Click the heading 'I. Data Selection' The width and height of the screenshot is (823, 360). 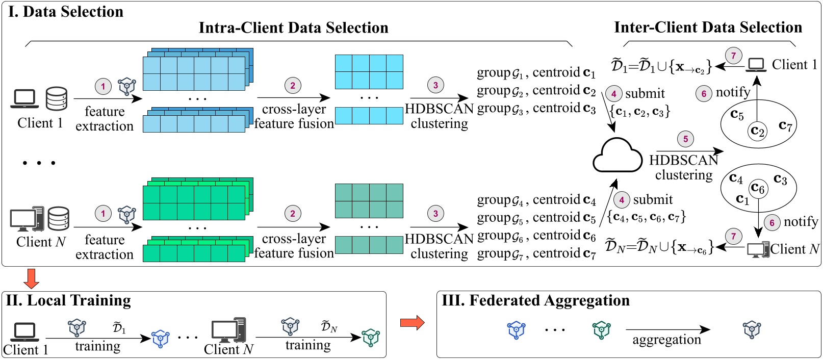tap(66, 12)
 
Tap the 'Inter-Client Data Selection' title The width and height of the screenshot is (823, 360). tap(708, 28)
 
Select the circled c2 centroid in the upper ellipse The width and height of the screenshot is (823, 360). tap(758, 132)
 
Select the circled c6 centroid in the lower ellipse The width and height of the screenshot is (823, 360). tap(758, 188)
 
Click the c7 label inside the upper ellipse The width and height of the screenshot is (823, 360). tap(785, 125)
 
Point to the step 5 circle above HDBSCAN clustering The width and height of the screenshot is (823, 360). tap(685, 139)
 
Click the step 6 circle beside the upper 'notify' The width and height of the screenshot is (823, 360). tap(704, 93)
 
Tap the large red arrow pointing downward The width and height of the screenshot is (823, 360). tap(32, 278)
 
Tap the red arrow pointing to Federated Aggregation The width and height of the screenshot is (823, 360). tap(412, 323)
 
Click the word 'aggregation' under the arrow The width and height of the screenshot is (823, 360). tap(666, 340)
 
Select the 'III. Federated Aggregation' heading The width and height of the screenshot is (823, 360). tap(535, 301)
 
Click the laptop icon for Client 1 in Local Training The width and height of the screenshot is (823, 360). tap(24, 332)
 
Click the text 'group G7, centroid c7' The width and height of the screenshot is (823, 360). tap(536, 253)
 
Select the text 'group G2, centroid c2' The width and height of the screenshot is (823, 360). tap(536, 91)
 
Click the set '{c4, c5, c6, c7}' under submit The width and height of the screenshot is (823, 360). tap(646, 217)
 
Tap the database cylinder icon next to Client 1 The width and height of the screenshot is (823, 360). tap(57, 99)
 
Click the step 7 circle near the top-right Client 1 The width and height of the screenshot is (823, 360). tap(733, 56)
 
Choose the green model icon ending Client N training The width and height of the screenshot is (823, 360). tap(371, 338)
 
